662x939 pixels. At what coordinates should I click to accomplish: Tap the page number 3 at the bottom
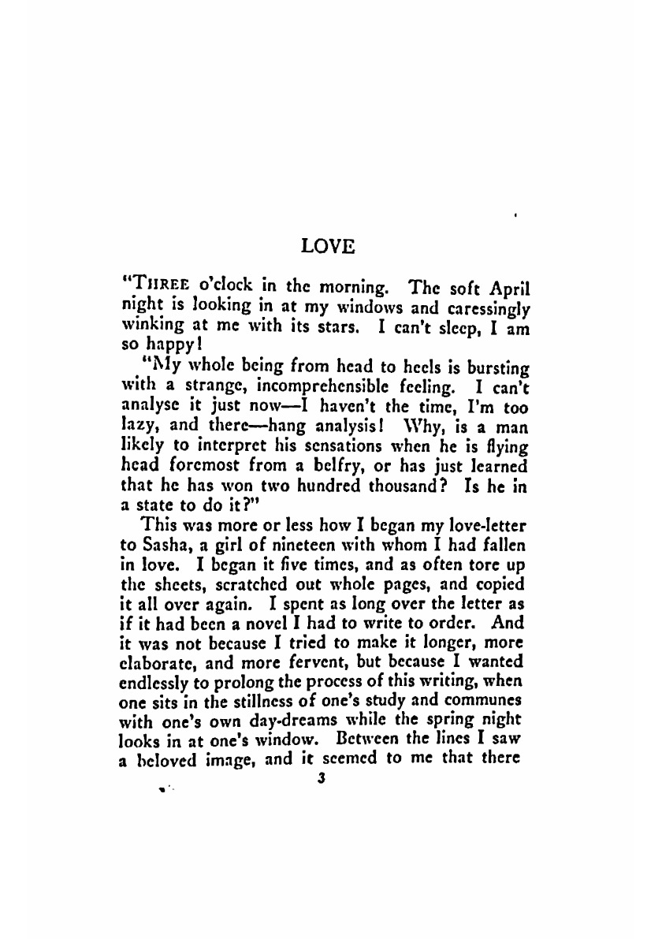[x=319, y=778]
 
